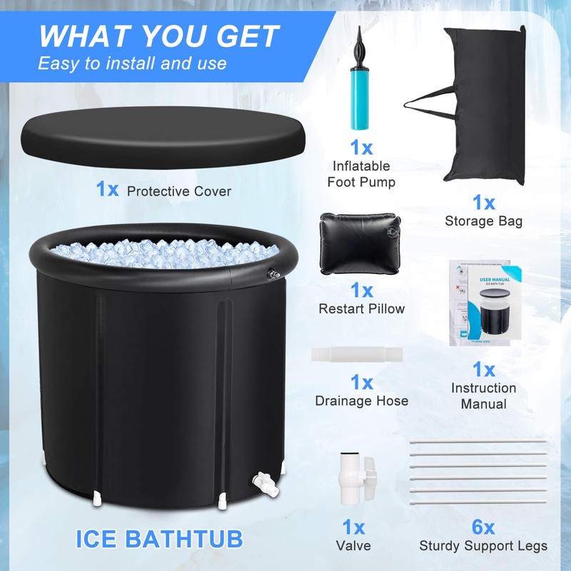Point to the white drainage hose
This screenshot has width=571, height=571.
pos(357,355)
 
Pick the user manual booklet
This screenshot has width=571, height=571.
pos(483,303)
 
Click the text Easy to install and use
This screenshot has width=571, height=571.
pos(132,63)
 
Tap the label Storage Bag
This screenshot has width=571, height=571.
pos(483,221)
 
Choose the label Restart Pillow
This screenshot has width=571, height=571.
pos(361,309)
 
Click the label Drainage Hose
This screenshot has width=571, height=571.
pos(361,400)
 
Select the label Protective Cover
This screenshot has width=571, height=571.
pos(178,191)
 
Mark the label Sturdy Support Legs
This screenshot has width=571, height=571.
pos(483,546)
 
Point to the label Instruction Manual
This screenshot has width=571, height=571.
pos(483,395)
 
